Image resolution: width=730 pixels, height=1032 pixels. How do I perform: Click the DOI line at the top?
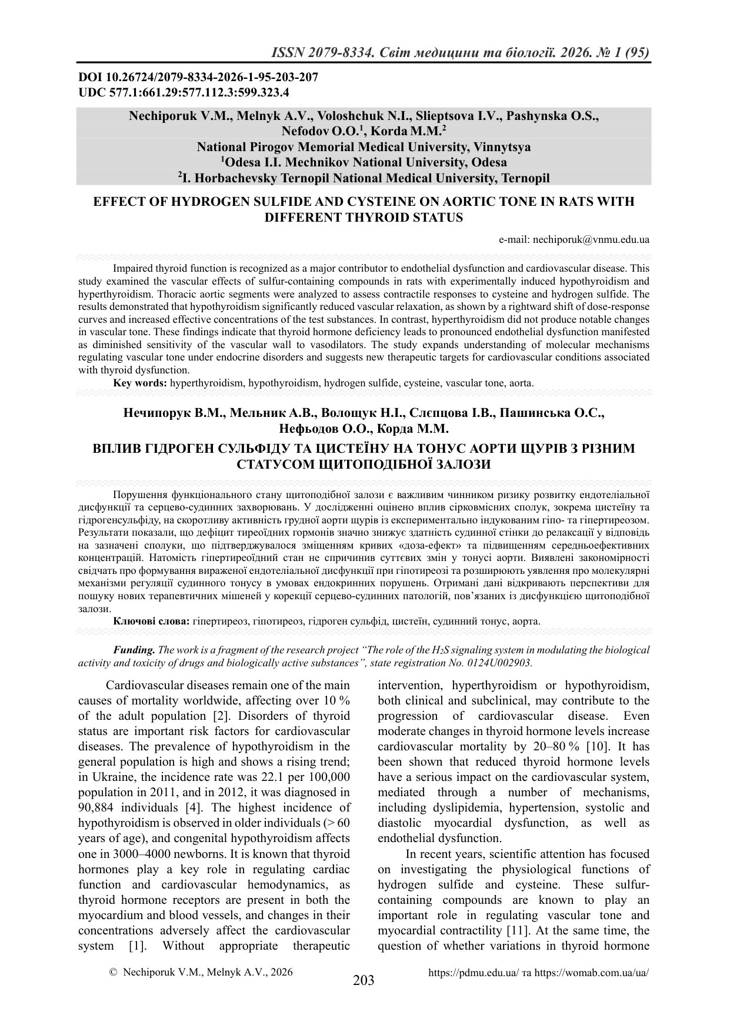[x=198, y=78]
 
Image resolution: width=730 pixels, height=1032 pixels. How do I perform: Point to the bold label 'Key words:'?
[x=140, y=383]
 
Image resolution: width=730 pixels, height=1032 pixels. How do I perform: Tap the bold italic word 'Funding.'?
[x=134, y=650]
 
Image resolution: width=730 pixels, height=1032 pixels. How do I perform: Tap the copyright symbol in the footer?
[x=114, y=973]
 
